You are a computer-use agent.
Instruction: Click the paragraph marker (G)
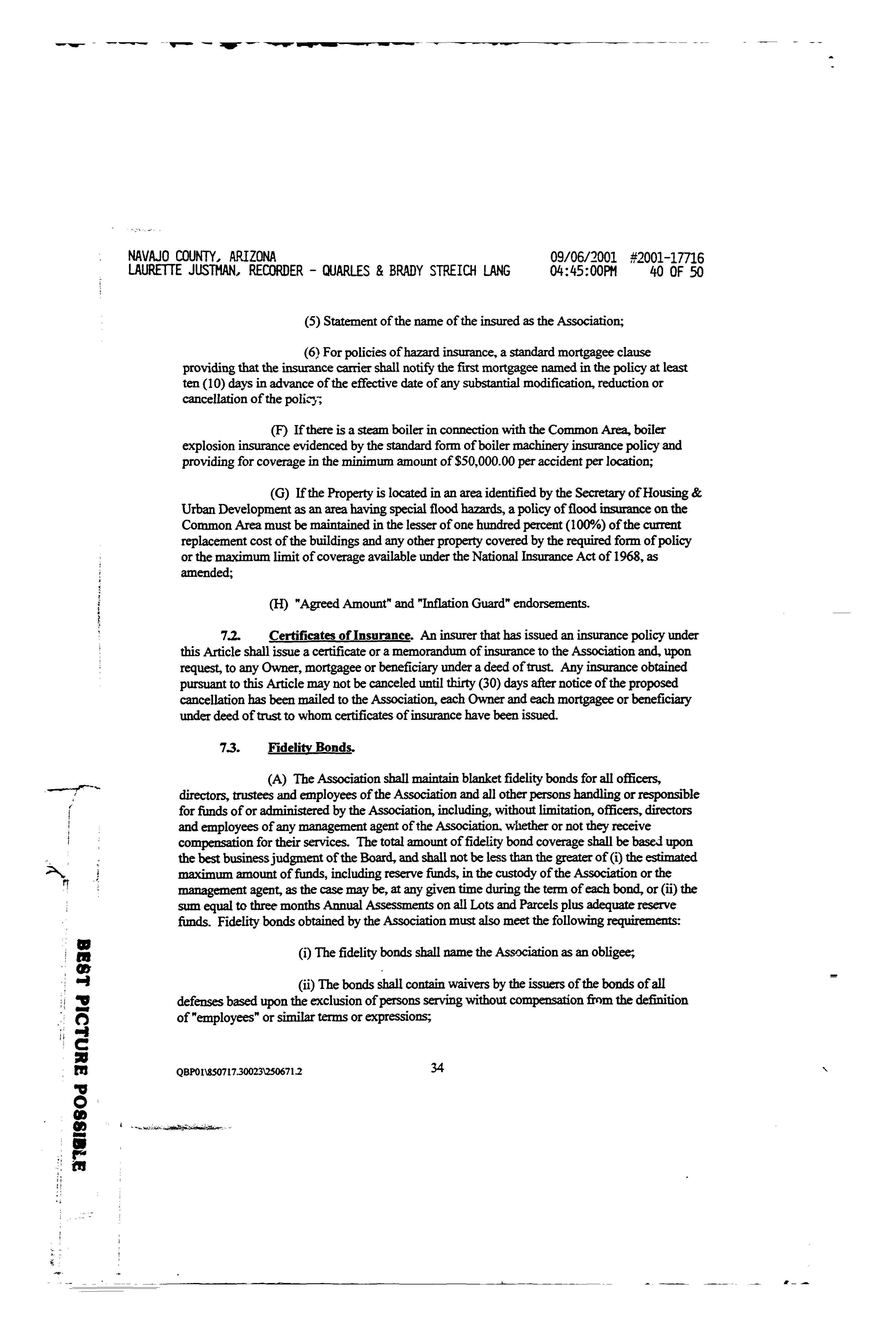pos(279,492)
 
